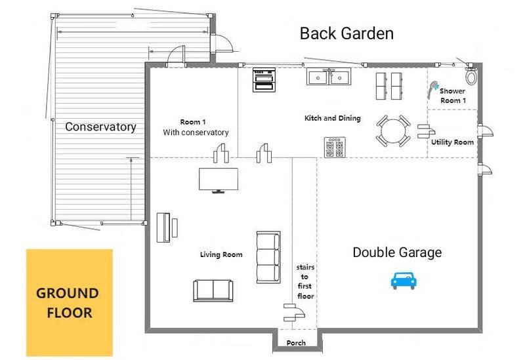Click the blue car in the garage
point(404,281)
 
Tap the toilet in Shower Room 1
point(471,76)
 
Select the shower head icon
point(432,89)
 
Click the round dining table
point(393,130)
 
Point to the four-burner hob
point(335,147)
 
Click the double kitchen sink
point(329,77)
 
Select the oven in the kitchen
point(264,79)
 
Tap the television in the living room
point(219,180)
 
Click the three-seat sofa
point(268,257)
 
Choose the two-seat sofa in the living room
point(213,290)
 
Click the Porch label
point(296,343)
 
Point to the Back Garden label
point(346,33)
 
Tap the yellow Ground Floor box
point(70,302)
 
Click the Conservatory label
point(101,127)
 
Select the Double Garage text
point(397,252)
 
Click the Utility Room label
point(452,142)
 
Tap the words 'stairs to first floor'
point(305,281)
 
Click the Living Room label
point(221,254)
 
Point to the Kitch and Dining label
point(333,118)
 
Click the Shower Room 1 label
point(453,96)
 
